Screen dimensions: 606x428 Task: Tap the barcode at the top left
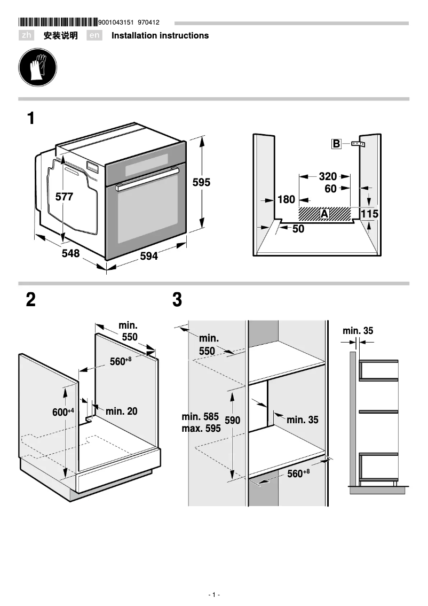coord(58,22)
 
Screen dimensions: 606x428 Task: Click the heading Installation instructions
coord(160,36)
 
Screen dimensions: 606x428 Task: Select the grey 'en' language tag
coord(94,36)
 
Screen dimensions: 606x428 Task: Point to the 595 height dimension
coord(201,182)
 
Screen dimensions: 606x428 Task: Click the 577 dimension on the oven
coord(64,197)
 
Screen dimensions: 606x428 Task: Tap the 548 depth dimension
coord(70,253)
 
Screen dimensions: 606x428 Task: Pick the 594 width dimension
coord(149,257)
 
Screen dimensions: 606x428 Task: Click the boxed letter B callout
coord(336,144)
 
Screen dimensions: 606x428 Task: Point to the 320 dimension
coord(328,176)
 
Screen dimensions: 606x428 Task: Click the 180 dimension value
coord(286,199)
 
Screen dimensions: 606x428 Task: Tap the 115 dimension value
coord(369,214)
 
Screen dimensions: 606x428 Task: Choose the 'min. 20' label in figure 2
coord(121,411)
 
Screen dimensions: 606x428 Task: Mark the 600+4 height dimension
coord(62,413)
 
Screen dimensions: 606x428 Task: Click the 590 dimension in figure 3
coord(232,421)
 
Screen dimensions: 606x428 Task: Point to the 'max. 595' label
coord(201,428)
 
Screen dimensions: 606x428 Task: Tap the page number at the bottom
coord(213,595)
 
